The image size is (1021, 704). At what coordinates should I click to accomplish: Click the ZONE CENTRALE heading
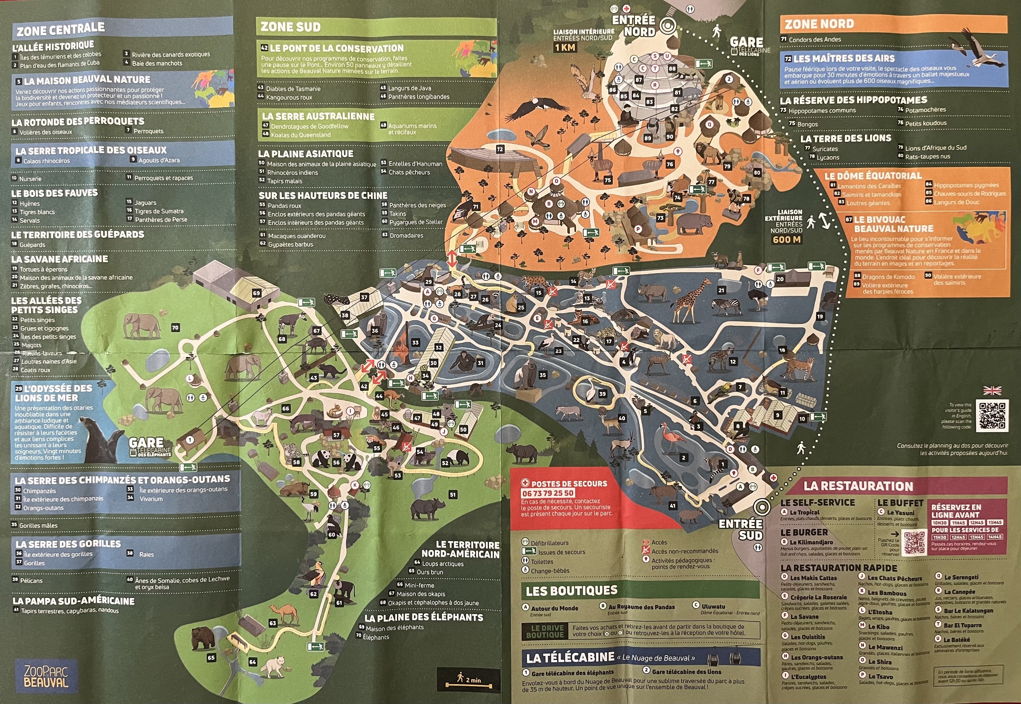point(61,30)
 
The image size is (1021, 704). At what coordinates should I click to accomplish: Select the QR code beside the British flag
point(992,416)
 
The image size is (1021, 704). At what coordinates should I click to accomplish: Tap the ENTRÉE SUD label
point(740,529)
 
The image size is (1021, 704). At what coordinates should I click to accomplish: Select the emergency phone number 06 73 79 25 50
point(547,493)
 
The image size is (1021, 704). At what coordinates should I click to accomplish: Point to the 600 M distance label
point(787,240)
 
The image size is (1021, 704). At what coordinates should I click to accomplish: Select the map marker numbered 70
point(175,327)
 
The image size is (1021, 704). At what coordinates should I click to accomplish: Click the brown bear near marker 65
point(202,638)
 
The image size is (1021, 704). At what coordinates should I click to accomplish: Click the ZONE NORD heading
point(819,24)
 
